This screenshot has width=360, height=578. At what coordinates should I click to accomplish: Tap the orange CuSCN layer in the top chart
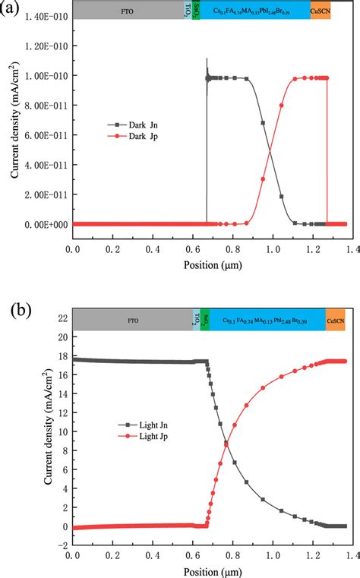[x=321, y=10]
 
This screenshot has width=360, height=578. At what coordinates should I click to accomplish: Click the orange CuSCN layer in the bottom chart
[x=335, y=301]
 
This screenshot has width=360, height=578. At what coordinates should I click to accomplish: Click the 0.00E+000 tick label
[x=43, y=224]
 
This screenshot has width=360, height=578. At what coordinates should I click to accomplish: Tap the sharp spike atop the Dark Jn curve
[x=207, y=61]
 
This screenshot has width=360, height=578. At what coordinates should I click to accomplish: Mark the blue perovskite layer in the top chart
[x=251, y=10]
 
